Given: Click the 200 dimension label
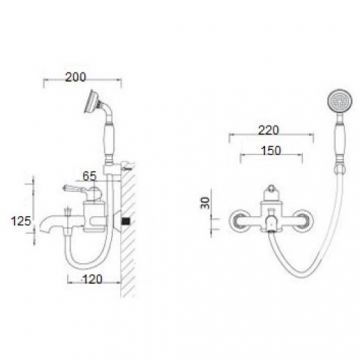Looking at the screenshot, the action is [x=76, y=77].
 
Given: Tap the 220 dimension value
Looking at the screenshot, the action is [x=269, y=130].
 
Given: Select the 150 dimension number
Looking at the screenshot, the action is [x=271, y=150].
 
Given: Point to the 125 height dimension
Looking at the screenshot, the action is [x=21, y=221].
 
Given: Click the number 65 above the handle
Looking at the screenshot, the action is [x=89, y=176].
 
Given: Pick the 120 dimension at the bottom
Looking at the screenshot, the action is [x=92, y=279].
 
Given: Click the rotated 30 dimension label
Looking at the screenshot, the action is [x=207, y=202].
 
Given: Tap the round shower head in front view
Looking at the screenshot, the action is [x=340, y=101].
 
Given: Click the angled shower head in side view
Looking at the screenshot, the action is [x=91, y=101].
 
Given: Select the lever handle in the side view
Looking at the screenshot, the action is [x=75, y=189].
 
